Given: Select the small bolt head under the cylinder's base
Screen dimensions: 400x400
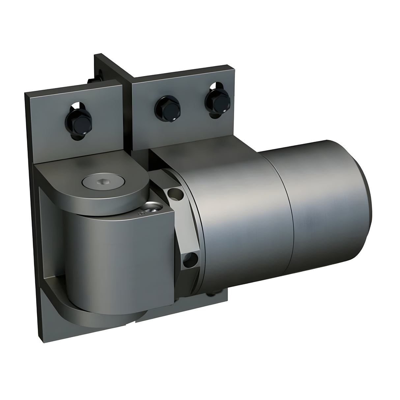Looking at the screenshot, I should tap(214, 291).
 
